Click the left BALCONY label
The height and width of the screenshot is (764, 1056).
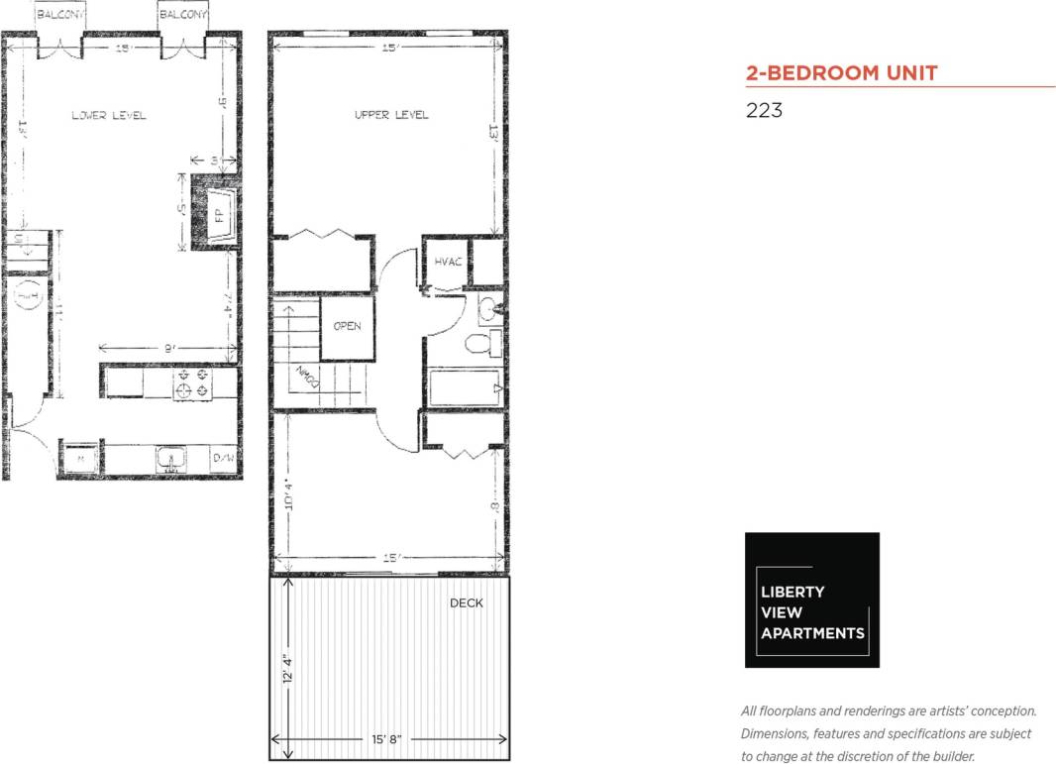point(59,16)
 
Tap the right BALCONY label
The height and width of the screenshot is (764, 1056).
point(183,16)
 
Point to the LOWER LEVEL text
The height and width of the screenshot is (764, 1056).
point(109,116)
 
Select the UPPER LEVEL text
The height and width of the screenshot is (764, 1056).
point(391,115)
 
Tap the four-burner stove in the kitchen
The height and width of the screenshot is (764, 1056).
point(193,383)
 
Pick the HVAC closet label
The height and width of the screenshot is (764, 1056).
point(443,262)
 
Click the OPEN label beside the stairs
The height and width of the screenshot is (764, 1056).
point(347,327)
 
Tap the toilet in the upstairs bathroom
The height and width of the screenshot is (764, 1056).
point(480,344)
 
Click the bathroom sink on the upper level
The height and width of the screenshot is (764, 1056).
point(487,309)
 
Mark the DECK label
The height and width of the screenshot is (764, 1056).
point(466,602)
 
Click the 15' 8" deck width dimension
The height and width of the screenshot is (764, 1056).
point(387,739)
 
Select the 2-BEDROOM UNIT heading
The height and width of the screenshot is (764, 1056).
point(841,72)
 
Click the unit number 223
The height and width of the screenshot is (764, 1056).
point(764,110)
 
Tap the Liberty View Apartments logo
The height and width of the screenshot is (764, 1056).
point(811,600)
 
